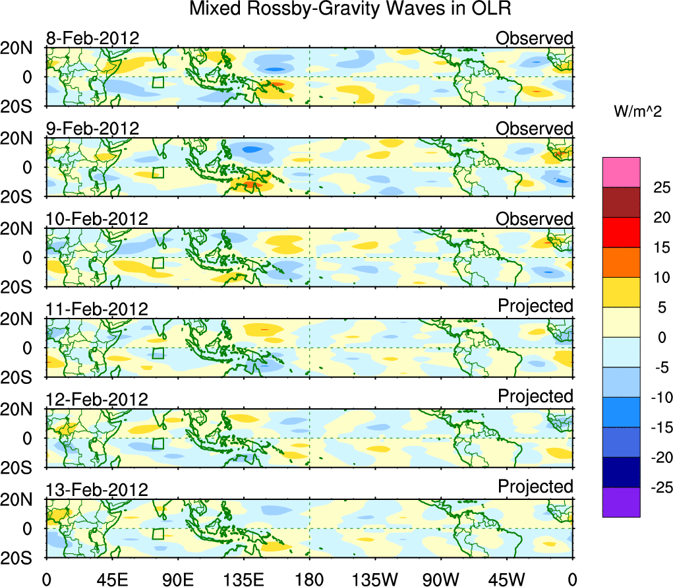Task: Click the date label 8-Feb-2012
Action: pyautogui.click(x=92, y=38)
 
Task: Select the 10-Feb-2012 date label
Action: pyautogui.click(x=97, y=219)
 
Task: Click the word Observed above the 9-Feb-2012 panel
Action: pyautogui.click(x=535, y=128)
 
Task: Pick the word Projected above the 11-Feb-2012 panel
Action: pyautogui.click(x=535, y=306)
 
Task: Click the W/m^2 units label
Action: pyautogui.click(x=638, y=113)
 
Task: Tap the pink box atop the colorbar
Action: pyautogui.click(x=621, y=172)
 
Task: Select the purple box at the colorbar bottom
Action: pyautogui.click(x=621, y=502)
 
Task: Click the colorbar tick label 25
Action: pyautogui.click(x=661, y=187)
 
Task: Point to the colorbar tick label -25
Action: pyautogui.click(x=658, y=488)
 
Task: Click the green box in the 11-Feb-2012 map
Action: pyautogui.click(x=158, y=353)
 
